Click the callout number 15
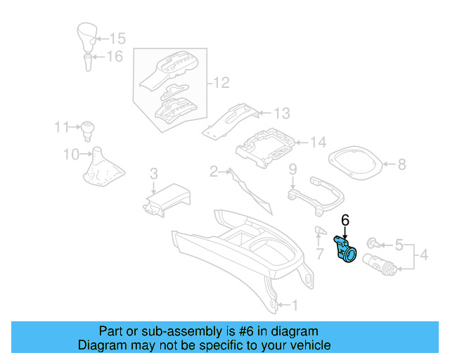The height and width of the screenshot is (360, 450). (x=117, y=38)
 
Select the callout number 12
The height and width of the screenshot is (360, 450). (x=221, y=84)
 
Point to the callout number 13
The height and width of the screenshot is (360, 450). (x=281, y=113)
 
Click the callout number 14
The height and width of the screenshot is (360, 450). (x=318, y=143)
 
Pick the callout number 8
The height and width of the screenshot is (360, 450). (x=401, y=165)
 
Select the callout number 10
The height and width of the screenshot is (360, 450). (x=71, y=153)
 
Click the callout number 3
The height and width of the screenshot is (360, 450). (x=153, y=174)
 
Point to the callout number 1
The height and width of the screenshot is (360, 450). (x=295, y=305)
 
